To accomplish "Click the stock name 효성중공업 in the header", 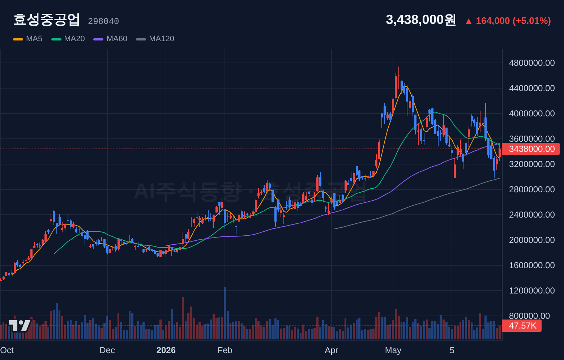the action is coord(47,20).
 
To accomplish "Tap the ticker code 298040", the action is coord(103,21).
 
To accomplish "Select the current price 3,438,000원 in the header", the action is coord(421,20).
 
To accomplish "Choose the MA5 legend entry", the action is coord(28,39).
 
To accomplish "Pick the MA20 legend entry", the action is coord(68,39).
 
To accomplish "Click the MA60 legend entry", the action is coord(110,39).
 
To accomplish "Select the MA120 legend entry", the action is coord(155,39).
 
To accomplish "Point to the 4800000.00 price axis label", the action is coord(532,63).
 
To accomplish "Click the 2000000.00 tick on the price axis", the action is coord(532,240).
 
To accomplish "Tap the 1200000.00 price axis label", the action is coord(532,291).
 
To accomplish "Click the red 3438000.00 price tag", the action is coord(531,149).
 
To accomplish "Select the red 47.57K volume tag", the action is coord(522,326).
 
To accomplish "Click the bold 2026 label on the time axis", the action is coord(166,350).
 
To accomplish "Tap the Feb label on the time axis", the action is coord(225,350).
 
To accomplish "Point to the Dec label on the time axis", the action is coord(107,350).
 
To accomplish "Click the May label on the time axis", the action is coord(393,350).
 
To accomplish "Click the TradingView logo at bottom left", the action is coord(20,326).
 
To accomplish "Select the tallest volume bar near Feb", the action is coord(225,313).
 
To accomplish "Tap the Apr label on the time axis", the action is coord(331,350).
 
